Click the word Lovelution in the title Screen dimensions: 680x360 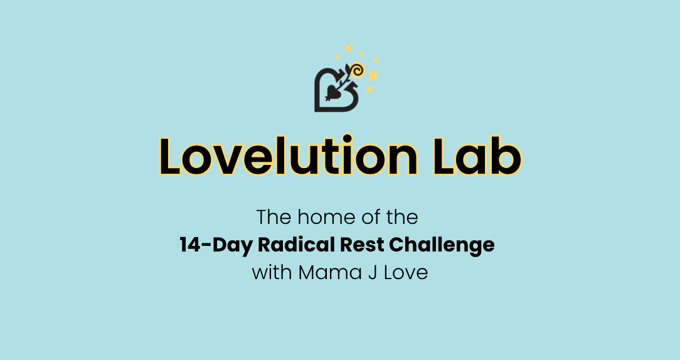tap(289, 156)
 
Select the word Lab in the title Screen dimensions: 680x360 tap(477, 156)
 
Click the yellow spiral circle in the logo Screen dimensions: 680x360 tap(358, 70)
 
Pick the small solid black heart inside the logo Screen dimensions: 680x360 tap(332, 92)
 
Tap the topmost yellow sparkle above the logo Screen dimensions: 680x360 tap(348, 48)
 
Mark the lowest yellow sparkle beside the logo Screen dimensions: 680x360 tap(370, 89)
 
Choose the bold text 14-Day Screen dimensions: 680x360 tap(216, 245)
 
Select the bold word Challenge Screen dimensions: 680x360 tap(442, 245)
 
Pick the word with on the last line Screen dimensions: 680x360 tap(272, 272)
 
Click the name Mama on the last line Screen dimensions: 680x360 tap(330, 273)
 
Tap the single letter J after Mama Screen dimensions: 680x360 tap(373, 273)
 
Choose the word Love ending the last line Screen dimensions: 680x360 tap(406, 273)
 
